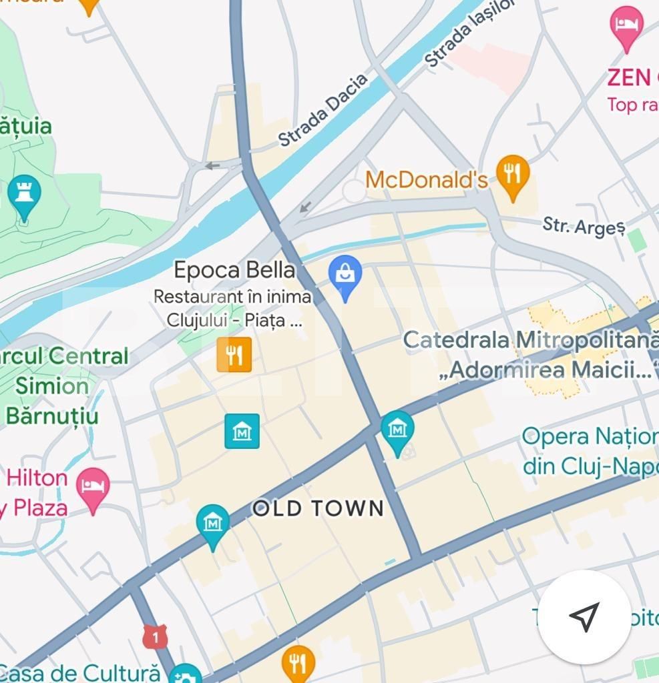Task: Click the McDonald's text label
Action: pyautogui.click(x=427, y=179)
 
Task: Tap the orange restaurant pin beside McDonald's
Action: pyautogui.click(x=513, y=175)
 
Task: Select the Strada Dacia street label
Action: pyautogui.click(x=323, y=110)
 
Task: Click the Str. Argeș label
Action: pyautogui.click(x=584, y=226)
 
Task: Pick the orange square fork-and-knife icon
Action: pyautogui.click(x=234, y=354)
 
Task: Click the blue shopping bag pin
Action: pyautogui.click(x=345, y=276)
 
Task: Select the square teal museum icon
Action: pyautogui.click(x=242, y=431)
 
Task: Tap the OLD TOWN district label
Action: pyautogui.click(x=318, y=509)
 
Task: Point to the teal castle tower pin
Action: pyautogui.click(x=25, y=195)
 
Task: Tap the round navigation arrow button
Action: pyautogui.click(x=584, y=617)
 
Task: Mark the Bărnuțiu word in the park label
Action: pyautogui.click(x=52, y=415)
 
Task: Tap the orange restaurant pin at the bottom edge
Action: pyautogui.click(x=298, y=662)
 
